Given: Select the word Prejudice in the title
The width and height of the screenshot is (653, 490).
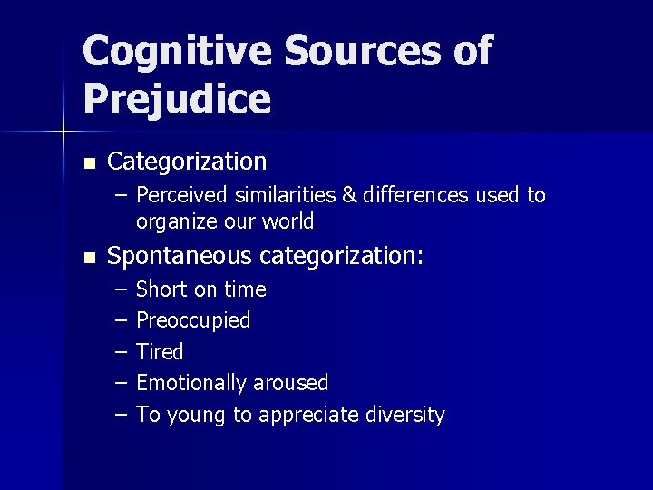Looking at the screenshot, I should click(x=177, y=99).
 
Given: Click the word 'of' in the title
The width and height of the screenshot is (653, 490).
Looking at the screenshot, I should click(x=473, y=51).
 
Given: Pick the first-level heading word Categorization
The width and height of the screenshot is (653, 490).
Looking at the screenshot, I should click(x=187, y=162).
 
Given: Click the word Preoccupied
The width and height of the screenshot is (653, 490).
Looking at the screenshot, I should click(x=193, y=320).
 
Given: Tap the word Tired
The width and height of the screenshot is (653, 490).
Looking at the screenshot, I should click(x=160, y=352).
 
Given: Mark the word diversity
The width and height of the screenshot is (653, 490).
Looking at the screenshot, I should click(x=404, y=415).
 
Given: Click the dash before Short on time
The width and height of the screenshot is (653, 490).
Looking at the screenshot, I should click(x=122, y=289).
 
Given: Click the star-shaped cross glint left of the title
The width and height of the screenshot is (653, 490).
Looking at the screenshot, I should click(x=63, y=133).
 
